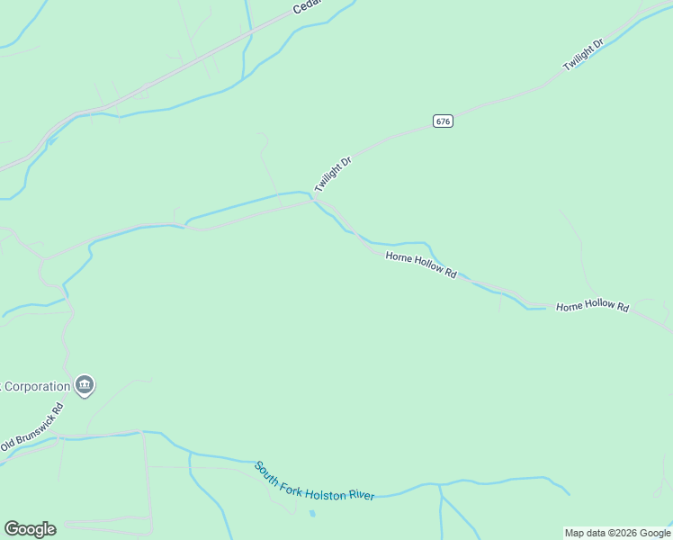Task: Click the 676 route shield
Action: pos(443,121)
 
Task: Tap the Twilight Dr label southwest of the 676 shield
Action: pos(332,173)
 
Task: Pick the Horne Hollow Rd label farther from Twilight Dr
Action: pos(592,307)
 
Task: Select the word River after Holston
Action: pos(361,495)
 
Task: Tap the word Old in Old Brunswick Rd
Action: pos(8,445)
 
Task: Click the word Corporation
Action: pos(36,387)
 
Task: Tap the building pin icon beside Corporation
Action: pos(85,385)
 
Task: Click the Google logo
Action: pos(30,529)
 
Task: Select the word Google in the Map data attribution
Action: pos(651,533)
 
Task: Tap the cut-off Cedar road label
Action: pos(307,7)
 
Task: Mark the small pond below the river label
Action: pos(312,514)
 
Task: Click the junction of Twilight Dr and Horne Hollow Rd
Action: pos(314,200)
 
